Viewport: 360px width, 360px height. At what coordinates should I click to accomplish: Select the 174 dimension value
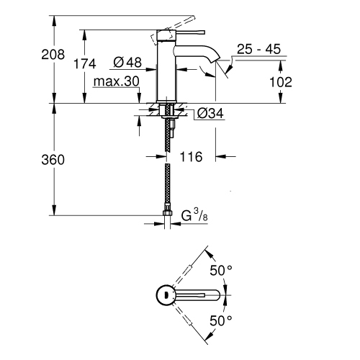(85, 64)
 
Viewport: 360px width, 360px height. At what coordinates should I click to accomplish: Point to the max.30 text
(116, 81)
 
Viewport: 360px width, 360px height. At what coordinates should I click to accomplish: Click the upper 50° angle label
(221, 271)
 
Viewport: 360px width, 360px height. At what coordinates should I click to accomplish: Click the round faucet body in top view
(166, 295)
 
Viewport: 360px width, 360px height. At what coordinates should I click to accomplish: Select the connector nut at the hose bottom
(168, 212)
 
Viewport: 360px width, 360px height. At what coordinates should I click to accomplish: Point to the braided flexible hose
(168, 180)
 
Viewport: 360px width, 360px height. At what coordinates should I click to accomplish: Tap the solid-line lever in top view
(198, 295)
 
